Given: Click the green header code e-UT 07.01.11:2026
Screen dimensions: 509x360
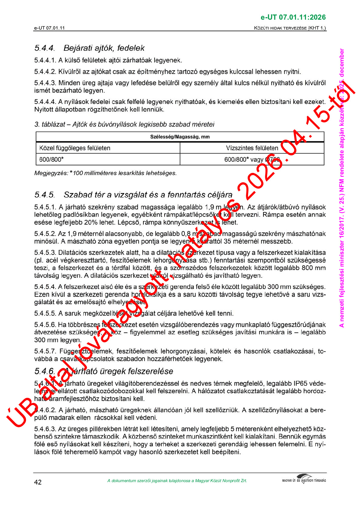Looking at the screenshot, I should tap(293, 17).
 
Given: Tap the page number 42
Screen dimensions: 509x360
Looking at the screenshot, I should tap(38, 482).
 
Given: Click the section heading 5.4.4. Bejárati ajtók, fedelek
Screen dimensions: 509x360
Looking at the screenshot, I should tap(89, 48).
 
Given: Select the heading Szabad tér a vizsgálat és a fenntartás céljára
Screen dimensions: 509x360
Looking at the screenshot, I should tap(148, 195).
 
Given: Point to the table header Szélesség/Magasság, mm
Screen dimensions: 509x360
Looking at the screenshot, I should tap(180, 137).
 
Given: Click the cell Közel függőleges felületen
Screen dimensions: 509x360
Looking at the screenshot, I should tap(75, 148).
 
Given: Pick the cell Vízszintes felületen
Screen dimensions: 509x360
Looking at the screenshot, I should tap(252, 148).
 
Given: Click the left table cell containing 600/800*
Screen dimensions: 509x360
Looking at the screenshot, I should tap(51, 159).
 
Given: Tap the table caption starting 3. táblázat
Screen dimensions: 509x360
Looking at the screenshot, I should tap(124, 124).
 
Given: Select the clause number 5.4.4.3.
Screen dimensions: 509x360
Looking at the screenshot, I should tap(45, 83).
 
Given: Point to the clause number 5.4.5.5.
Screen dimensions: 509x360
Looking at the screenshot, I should tap(45, 313).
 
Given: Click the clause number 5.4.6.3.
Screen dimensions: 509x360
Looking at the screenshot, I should tap(45, 429).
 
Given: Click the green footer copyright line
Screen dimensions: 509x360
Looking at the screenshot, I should tap(177, 481).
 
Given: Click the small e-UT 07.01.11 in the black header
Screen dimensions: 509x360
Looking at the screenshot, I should tap(49, 28).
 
